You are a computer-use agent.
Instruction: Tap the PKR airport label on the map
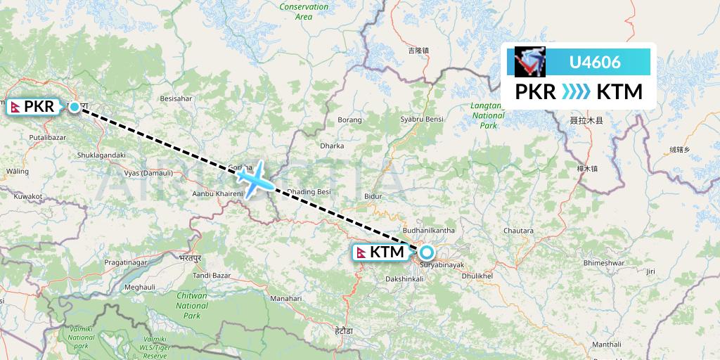33,107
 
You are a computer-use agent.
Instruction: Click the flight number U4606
594,62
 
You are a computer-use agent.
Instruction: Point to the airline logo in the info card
530,62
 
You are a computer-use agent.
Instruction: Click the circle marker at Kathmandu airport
426,252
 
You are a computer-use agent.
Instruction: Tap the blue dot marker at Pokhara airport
75,108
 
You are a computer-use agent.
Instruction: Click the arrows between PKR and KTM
576,92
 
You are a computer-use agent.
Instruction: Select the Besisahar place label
176,99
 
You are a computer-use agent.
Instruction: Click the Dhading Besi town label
309,192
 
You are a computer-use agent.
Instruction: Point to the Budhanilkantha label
429,230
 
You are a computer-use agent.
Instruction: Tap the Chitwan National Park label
192,306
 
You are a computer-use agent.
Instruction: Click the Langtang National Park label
488,115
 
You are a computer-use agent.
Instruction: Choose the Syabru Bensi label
421,120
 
